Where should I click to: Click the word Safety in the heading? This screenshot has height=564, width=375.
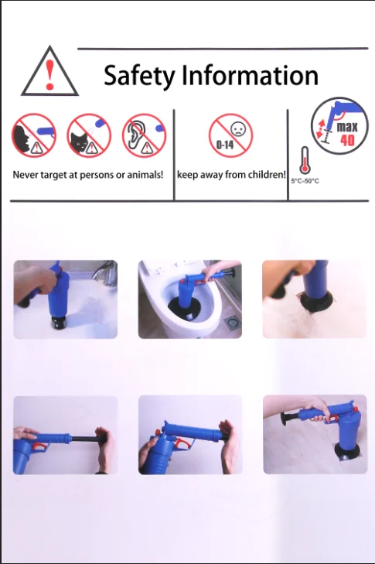pyautogui.click(x=140, y=76)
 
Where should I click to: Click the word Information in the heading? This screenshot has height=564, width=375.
pyautogui.click(x=250, y=76)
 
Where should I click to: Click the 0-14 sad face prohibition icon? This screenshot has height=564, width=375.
pyautogui.click(x=230, y=135)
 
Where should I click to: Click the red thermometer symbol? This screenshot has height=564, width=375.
pyautogui.click(x=304, y=160)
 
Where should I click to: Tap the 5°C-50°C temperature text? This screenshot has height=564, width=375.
pyautogui.click(x=305, y=181)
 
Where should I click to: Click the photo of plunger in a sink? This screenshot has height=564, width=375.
pyautogui.click(x=66, y=299)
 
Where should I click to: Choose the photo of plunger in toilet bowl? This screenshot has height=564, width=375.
pyautogui.click(x=189, y=299)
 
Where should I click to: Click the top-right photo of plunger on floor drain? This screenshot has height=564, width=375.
pyautogui.click(x=313, y=299)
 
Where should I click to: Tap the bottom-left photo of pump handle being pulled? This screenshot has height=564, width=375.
pyautogui.click(x=66, y=435)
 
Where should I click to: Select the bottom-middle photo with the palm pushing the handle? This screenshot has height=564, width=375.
pyautogui.click(x=189, y=435)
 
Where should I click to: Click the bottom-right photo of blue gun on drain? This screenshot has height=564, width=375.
pyautogui.click(x=313, y=435)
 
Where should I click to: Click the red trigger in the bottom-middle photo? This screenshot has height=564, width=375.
pyautogui.click(x=180, y=445)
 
